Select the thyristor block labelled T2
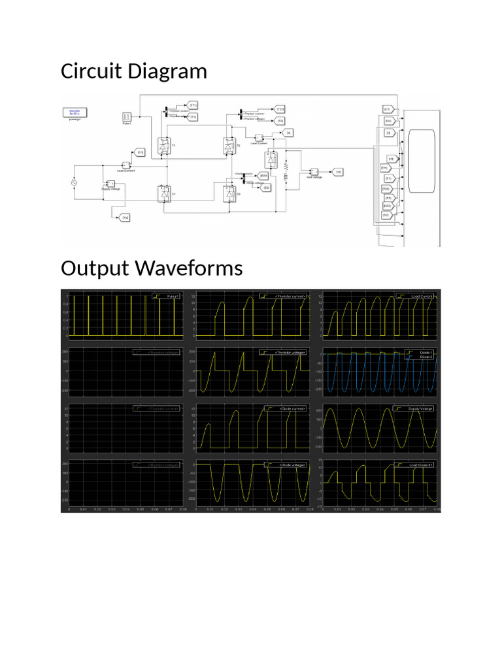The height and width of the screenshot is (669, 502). (229, 146)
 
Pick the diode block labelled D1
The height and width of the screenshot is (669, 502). (164, 193)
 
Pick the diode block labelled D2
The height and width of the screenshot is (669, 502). (229, 193)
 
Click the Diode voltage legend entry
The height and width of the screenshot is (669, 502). (287, 465)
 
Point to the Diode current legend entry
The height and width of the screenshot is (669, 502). (287, 408)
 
